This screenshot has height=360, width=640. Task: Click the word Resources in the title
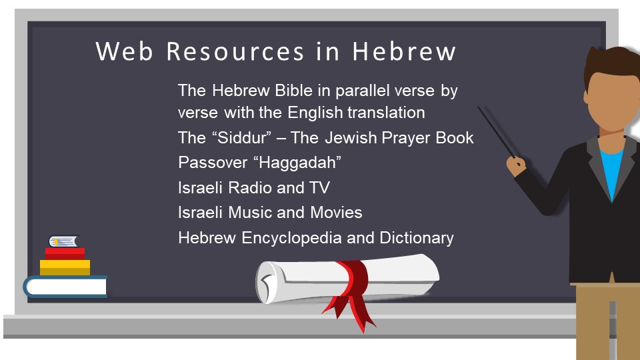coord(235,51)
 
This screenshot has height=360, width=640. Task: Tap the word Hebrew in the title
coord(404,51)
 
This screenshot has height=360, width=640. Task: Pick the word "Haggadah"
coord(297,163)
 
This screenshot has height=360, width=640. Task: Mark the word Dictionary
coord(416,238)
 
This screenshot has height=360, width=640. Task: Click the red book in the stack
coord(65,254)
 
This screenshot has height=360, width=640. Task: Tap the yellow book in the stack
coord(65,267)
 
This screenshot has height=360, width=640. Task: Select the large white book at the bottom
coord(65,286)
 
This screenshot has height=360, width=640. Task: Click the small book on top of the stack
coord(64,241)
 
